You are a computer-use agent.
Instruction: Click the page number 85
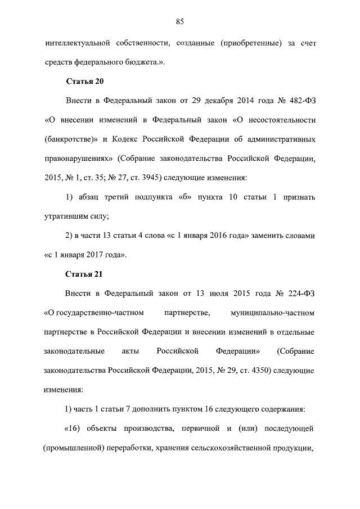[180, 21]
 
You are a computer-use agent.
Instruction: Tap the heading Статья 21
[84, 274]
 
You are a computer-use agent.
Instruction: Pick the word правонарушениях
[76, 159]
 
